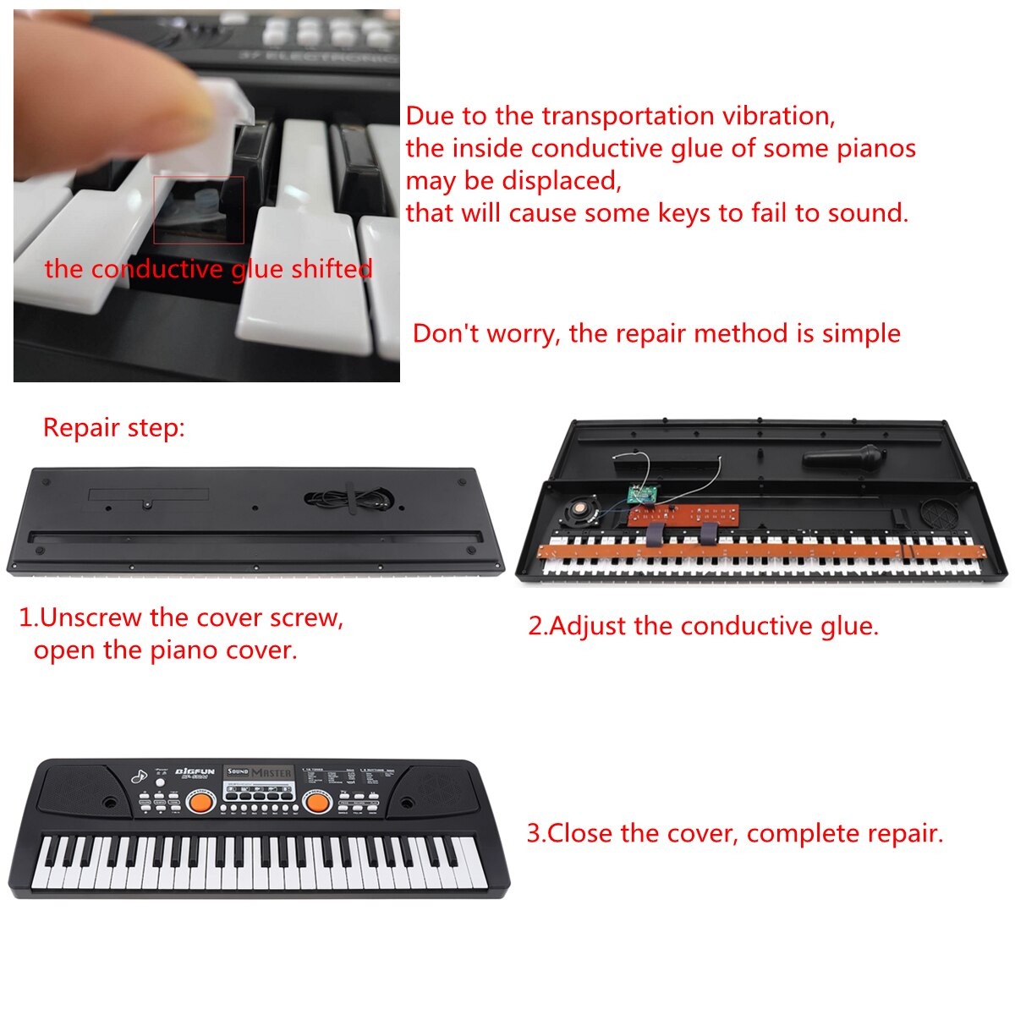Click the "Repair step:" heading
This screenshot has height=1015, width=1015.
113,428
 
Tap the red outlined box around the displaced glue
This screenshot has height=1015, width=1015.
199,210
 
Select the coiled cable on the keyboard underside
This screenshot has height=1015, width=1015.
348,500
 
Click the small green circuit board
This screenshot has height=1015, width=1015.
643,496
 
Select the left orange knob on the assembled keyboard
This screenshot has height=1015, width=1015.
200,801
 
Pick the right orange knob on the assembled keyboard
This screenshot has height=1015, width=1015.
316,801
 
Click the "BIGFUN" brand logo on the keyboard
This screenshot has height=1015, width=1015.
195,771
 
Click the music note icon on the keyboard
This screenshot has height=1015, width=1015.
138,776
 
